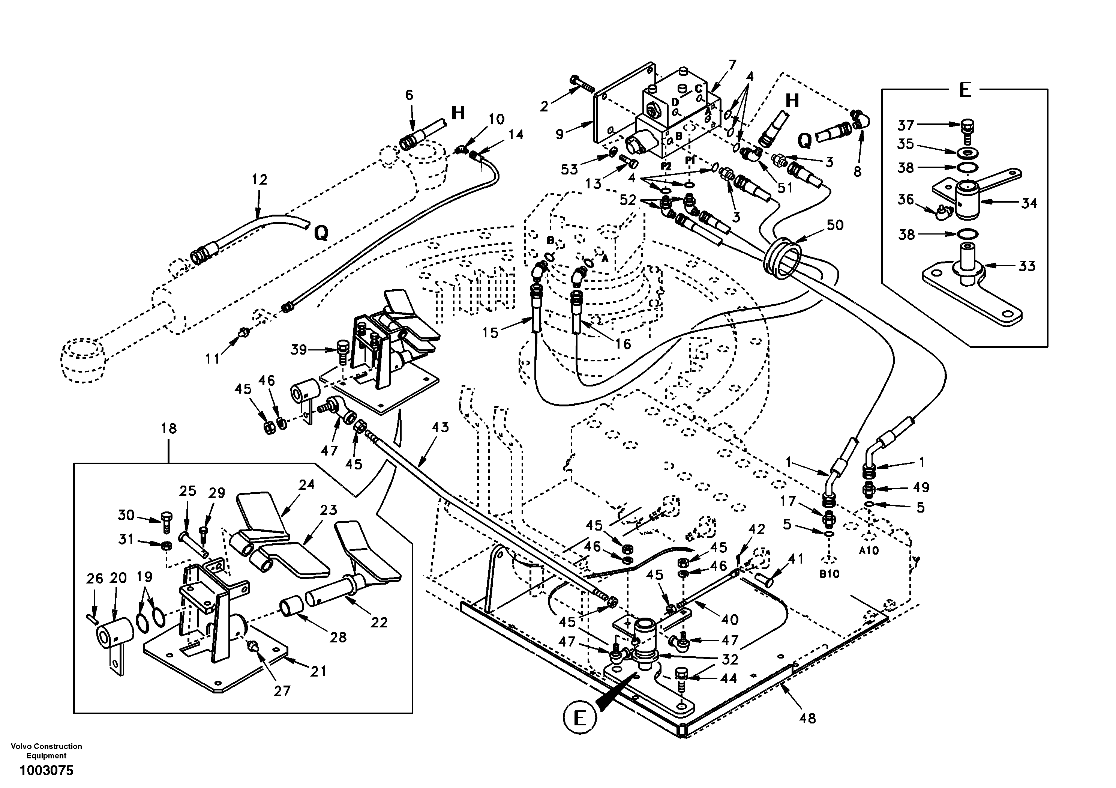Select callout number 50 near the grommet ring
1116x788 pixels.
click(835, 225)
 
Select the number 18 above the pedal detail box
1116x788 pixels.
click(169, 429)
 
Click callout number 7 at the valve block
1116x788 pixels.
click(732, 65)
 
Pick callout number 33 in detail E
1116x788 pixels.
click(1027, 266)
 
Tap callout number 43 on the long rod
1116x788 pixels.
click(440, 427)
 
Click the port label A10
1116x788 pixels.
click(869, 551)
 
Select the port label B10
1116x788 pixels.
click(829, 574)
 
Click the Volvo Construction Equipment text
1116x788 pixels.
click(46, 750)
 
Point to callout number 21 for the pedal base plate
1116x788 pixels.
click(318, 671)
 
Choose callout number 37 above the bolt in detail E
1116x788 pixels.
click(906, 125)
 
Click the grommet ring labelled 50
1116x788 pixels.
click(783, 259)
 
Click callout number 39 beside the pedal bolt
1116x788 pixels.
click(298, 349)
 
